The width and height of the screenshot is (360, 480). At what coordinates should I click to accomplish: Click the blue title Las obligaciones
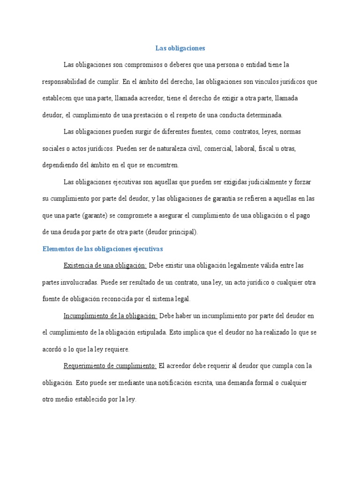(180, 48)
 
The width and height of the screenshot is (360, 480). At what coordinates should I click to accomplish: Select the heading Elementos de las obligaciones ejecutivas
(102, 249)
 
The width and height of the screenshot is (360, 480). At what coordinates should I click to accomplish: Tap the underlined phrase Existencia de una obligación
(105, 266)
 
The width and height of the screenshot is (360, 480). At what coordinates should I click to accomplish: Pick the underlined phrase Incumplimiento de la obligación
(110, 316)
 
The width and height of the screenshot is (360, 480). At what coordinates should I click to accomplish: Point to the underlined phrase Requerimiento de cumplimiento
(110, 366)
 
